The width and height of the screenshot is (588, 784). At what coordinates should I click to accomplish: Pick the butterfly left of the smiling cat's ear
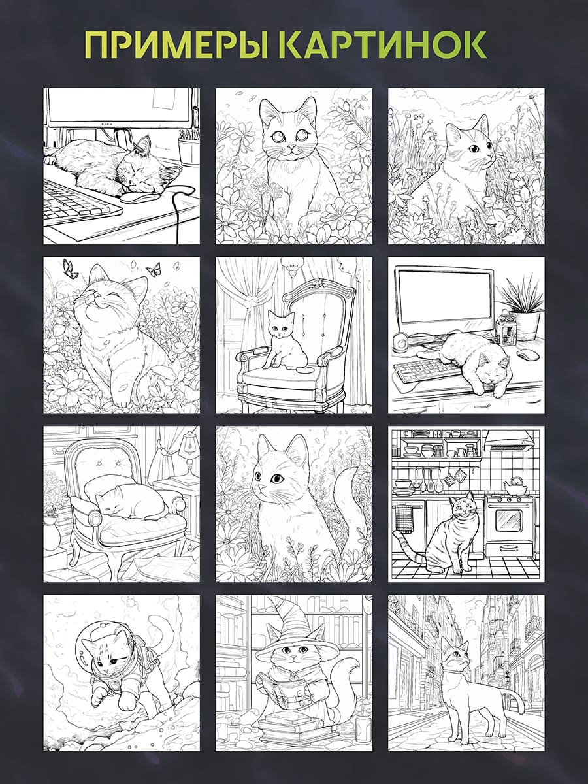71,269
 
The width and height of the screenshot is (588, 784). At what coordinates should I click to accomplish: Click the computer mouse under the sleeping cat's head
138,197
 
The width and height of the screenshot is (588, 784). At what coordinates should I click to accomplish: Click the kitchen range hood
509,442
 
